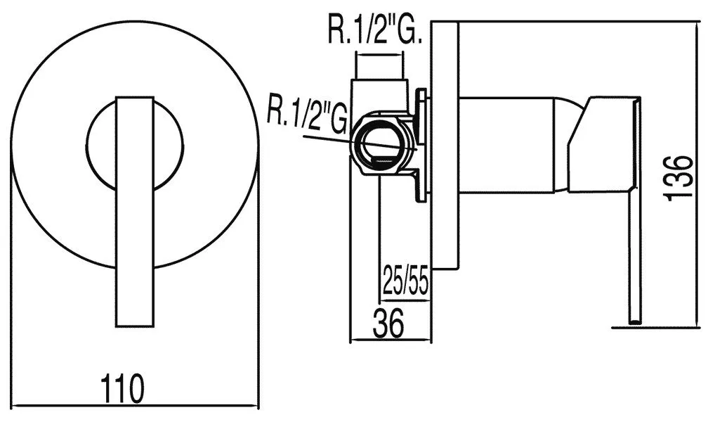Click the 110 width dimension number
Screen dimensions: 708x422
[x=122, y=388]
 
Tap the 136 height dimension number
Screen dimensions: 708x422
[x=678, y=177]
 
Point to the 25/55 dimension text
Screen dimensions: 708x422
[x=405, y=281]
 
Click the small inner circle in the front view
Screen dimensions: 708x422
[x=135, y=145]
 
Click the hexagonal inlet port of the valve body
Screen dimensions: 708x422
[x=381, y=145]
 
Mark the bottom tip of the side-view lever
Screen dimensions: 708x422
[x=635, y=324]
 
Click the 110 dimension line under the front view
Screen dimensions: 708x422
[x=135, y=406]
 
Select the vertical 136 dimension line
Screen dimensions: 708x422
[x=697, y=174]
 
